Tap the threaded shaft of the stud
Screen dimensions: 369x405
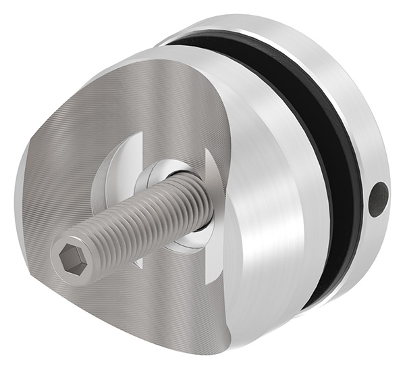coord(135,216)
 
